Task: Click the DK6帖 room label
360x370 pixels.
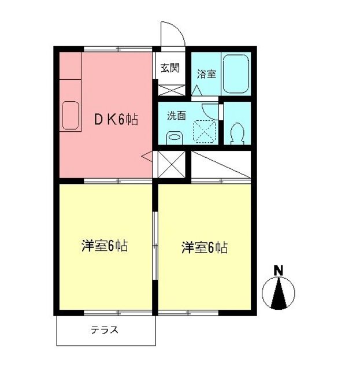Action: coord(116,120)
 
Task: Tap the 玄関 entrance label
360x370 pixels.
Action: coord(169,68)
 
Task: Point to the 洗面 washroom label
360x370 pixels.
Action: coord(177,115)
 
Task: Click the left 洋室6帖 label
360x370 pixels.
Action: coord(104,247)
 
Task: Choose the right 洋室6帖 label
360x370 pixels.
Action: coord(205,248)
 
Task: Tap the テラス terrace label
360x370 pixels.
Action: coord(105,331)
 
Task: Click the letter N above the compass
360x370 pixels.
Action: coord(279,270)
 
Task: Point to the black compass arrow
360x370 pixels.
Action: coord(279,293)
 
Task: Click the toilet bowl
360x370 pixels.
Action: coord(236,134)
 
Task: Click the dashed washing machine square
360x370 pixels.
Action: coord(203,131)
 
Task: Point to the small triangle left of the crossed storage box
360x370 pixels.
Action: coord(147,156)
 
